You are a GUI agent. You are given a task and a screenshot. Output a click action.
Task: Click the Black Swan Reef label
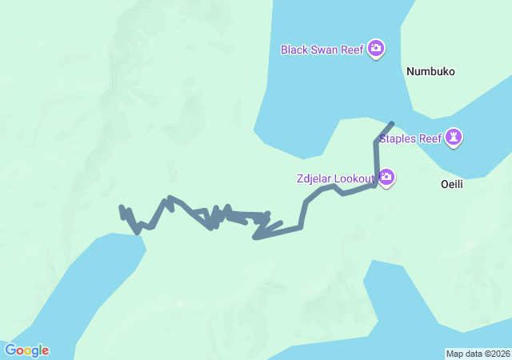322,50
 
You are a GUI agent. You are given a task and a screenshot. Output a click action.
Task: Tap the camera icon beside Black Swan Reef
376,50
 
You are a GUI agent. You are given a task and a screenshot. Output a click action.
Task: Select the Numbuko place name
430,71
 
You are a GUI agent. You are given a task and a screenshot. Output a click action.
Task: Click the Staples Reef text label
410,138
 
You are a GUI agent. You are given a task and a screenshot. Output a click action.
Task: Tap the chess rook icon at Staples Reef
454,138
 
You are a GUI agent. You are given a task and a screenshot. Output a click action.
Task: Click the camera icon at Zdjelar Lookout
386,177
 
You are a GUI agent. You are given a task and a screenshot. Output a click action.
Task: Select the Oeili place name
452,183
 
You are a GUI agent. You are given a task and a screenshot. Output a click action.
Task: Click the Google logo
26,350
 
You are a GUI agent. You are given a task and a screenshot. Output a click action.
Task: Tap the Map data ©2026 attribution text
477,354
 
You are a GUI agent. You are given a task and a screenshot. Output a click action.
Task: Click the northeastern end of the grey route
391,123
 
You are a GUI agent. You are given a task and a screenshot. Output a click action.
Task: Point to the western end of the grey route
121,207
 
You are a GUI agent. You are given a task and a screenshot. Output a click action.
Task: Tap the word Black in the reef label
294,50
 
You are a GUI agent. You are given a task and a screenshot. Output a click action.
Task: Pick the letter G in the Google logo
10,350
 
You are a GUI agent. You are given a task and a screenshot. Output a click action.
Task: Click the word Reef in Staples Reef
430,138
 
